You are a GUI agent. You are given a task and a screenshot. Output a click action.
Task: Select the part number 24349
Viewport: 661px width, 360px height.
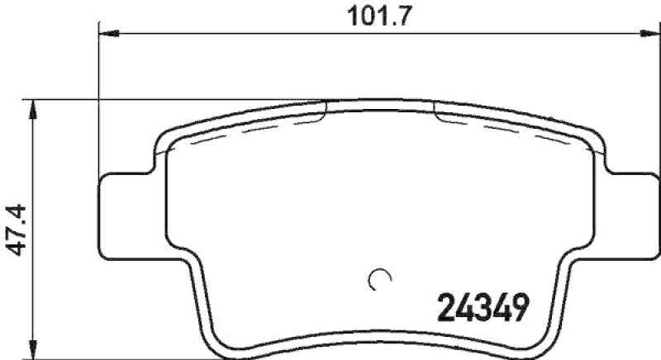481,311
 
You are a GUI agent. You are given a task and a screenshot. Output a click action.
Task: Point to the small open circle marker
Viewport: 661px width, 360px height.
379,281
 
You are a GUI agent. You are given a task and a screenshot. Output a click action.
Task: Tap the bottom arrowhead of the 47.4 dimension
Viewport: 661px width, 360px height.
33,352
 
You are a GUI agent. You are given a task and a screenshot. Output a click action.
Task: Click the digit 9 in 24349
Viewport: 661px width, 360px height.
517,311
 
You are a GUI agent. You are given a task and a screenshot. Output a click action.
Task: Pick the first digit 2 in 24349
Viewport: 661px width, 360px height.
445,311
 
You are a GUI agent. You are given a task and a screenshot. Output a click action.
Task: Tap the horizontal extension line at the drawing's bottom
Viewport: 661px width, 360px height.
124,358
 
